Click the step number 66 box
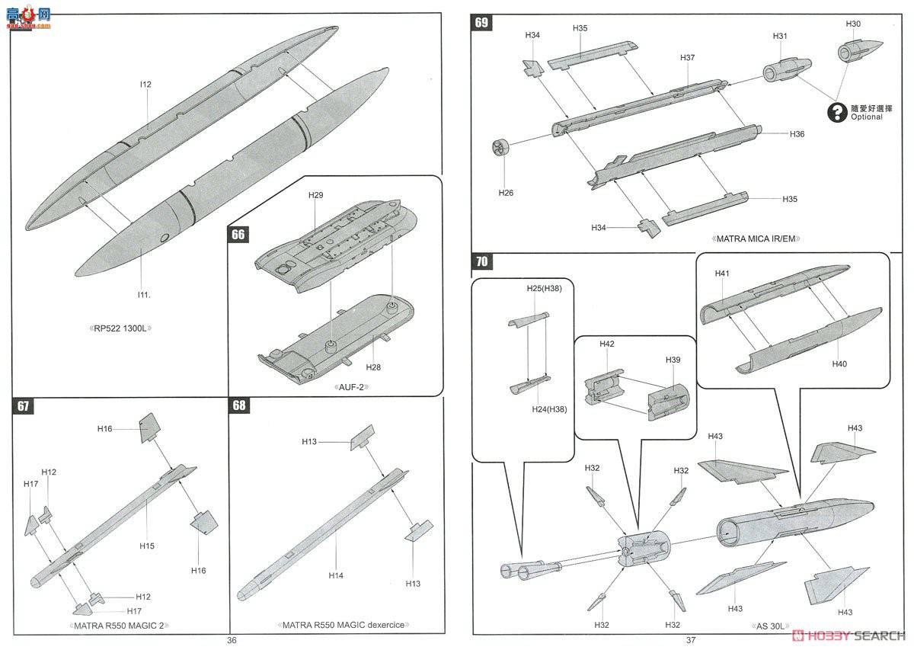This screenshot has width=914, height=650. click(238, 234)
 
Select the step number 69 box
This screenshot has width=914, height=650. click(481, 22)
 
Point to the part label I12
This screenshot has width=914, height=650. click(145, 85)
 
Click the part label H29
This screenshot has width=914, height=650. click(316, 196)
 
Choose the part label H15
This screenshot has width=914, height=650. click(147, 546)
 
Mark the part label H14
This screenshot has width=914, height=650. click(336, 575)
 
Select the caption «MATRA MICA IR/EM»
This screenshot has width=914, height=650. click(756, 239)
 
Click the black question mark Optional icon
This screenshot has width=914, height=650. click(839, 112)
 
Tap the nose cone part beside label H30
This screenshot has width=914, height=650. click(855, 53)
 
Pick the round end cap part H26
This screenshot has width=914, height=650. click(503, 146)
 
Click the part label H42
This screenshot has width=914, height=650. click(606, 344)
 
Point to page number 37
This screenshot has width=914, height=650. click(691, 640)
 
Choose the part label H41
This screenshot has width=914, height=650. click(722, 274)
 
